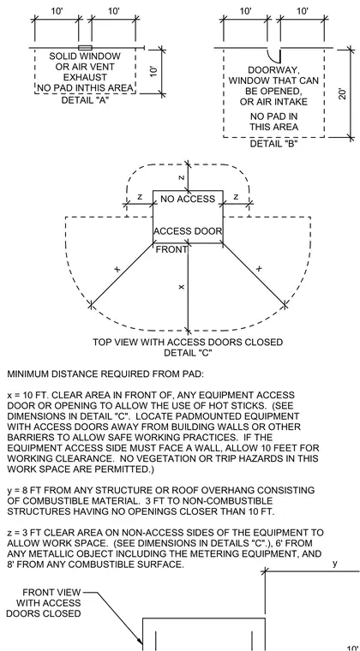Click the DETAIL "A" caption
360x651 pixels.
click(85, 100)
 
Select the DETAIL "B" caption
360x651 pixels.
click(274, 144)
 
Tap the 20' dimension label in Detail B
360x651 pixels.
click(343, 93)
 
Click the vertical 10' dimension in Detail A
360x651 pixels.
click(153, 71)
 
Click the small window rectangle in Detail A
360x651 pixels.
click(85, 48)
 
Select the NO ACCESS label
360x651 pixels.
click(188, 199)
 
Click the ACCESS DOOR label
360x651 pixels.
click(188, 231)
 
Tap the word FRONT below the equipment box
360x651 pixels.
click(171, 249)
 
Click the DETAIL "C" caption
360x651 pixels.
click(189, 353)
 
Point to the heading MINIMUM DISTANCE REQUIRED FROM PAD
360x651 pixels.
click(105, 374)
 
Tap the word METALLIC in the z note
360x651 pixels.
click(60, 554)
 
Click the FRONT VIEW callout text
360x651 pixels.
click(51, 592)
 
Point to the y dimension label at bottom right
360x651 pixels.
click(335, 564)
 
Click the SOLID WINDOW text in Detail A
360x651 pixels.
click(85, 56)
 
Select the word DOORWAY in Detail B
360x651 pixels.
click(274, 70)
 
